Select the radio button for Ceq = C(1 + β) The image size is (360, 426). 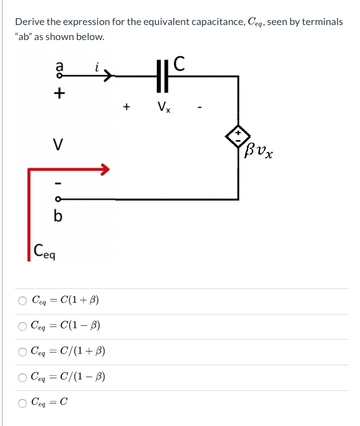coord(22,301)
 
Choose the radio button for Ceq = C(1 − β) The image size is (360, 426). coord(22,327)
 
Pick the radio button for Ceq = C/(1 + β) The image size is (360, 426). coord(22,352)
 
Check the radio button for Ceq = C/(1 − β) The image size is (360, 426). coord(22,378)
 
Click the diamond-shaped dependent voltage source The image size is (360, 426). coord(238,136)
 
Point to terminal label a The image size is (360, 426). coord(59,64)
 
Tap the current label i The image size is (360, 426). coord(97,65)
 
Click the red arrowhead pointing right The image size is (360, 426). coord(104,168)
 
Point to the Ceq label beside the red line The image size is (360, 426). coord(44,252)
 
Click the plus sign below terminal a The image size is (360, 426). coord(59,94)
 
